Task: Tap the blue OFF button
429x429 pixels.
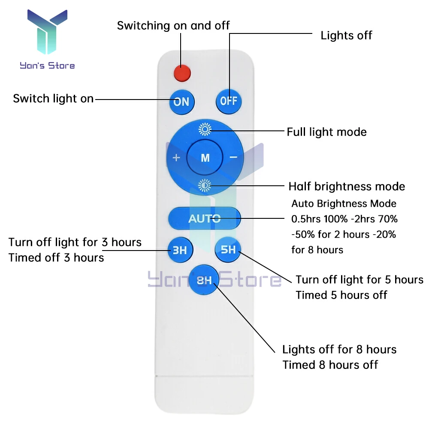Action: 229,101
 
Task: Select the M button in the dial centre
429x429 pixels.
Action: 205,157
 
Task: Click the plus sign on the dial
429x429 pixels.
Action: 176,157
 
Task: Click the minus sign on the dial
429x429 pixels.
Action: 233,157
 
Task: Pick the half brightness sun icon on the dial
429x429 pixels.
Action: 205,185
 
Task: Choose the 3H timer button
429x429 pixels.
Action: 180,250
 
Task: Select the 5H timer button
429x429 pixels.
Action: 228,249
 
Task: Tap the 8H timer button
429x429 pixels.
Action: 204,280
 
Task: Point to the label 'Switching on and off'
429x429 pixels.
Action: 173,25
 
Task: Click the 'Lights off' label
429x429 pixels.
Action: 346,35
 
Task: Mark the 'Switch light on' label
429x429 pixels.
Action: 53,99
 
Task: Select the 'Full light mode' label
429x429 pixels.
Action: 326,132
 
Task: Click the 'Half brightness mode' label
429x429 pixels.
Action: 347,186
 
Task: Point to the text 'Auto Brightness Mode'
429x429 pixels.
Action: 344,203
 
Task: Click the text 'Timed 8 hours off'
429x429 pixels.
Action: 330,365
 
